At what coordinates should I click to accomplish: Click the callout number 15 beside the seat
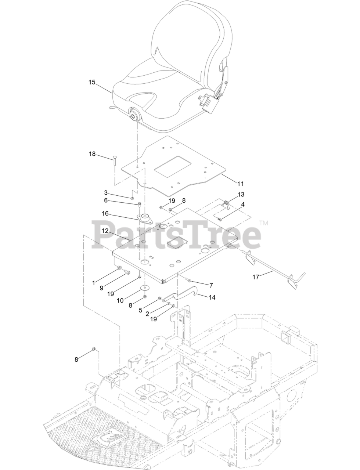point(92,82)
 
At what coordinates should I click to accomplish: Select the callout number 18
point(92,154)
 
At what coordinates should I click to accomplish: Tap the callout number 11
point(241,183)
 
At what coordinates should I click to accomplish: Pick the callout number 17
point(256,277)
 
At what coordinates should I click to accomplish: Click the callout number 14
point(212,297)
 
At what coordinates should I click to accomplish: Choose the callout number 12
point(105,231)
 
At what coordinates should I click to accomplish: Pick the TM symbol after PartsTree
point(264,223)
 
